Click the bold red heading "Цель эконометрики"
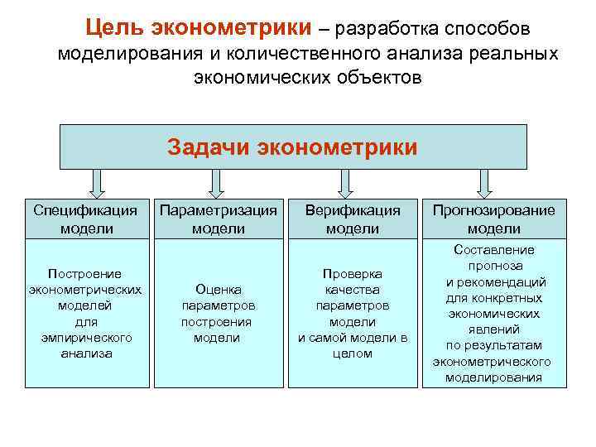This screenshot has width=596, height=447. [x=199, y=28]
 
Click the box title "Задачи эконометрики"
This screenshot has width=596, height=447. [x=293, y=147]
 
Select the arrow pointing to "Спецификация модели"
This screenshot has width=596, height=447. [x=97, y=181]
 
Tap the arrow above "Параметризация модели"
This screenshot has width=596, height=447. [x=217, y=181]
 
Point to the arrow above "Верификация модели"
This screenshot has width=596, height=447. [x=344, y=181]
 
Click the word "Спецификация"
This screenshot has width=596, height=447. [x=85, y=210]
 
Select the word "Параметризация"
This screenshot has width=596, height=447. [x=219, y=210]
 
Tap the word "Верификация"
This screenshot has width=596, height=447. [x=353, y=210]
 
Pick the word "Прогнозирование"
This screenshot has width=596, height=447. [x=493, y=210]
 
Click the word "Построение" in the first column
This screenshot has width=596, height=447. [x=85, y=274]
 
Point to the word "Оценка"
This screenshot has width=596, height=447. [x=219, y=290]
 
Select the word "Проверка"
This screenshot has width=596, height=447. [x=353, y=274]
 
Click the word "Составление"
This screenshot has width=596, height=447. [x=493, y=250]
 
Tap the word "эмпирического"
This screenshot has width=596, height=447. [x=85, y=338]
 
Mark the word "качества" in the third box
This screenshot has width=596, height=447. [x=353, y=290]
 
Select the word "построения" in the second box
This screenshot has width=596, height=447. [x=219, y=322]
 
